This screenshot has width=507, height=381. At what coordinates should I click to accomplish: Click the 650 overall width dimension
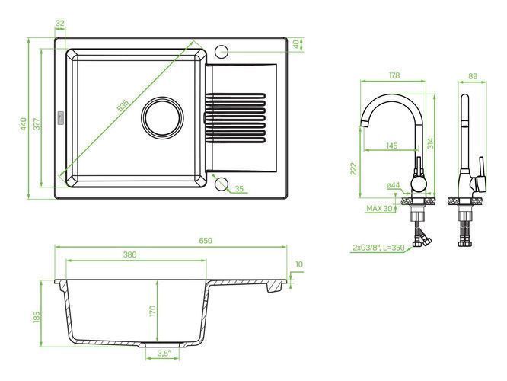tap(206, 241)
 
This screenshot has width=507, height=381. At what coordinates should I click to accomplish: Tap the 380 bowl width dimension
tap(129, 255)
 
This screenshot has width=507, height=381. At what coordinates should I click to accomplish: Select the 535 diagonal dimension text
tap(123, 106)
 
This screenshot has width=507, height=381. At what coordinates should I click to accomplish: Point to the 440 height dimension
tap(23, 124)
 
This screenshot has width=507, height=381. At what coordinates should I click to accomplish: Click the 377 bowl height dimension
tap(37, 124)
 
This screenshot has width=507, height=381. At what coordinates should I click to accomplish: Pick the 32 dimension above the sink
tap(60, 24)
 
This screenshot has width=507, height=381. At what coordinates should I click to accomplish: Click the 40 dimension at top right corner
tap(296, 44)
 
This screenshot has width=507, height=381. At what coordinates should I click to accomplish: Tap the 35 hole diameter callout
tap(239, 189)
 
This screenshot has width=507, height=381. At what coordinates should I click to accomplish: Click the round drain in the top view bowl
tap(162, 117)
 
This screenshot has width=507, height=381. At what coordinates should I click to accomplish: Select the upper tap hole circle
tap(222, 51)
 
